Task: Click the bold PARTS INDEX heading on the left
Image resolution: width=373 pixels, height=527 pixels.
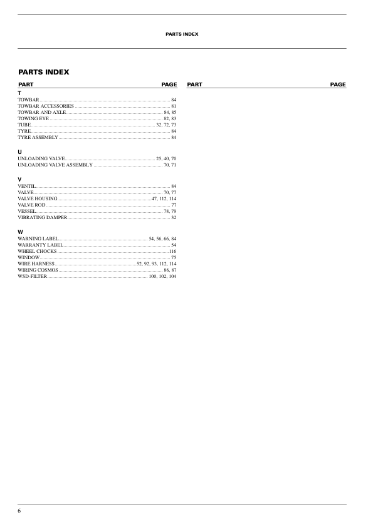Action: coord(44,72)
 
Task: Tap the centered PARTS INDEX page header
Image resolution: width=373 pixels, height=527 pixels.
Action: coord(182,34)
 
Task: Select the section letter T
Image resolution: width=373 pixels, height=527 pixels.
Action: coord(19,93)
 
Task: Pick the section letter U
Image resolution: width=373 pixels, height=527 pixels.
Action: coord(20,152)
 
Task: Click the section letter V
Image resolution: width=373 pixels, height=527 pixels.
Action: coord(20,180)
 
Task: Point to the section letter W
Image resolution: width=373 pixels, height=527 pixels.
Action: coord(21,232)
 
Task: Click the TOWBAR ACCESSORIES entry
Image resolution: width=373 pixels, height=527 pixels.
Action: coord(46,106)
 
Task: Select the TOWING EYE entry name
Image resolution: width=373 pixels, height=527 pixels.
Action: coord(33,118)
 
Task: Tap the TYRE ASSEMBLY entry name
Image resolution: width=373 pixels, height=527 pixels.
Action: coord(38,137)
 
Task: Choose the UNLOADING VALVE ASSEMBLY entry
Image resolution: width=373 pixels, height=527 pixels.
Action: coord(55,165)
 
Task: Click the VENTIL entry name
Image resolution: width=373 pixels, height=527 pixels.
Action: coord(27,187)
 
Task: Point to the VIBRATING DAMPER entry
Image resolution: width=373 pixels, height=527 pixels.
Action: coord(42,217)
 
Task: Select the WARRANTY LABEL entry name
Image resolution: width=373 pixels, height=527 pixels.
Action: coord(40,245)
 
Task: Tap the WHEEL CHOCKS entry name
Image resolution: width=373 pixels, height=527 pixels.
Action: coord(37,251)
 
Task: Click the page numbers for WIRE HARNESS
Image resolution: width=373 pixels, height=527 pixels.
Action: coord(157,263)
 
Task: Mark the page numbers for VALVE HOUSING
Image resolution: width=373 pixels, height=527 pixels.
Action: coord(164,198)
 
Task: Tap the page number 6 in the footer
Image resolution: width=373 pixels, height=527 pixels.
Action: coord(19,511)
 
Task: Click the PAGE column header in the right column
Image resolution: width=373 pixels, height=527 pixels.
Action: coord(338,84)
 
